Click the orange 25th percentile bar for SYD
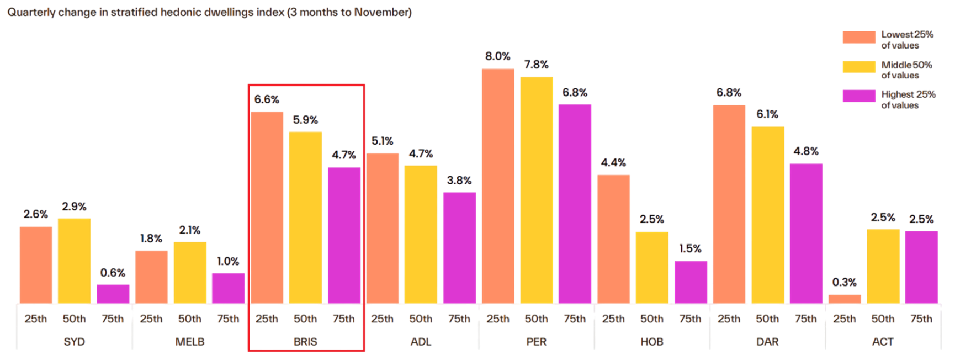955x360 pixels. (36, 264)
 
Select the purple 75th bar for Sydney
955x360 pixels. (113, 294)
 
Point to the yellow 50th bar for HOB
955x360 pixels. (652, 267)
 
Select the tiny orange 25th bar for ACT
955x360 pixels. (845, 299)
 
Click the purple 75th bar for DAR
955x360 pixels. (806, 233)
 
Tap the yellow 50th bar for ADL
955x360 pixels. (421, 234)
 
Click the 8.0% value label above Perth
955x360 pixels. (498, 56)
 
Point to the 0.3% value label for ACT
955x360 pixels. (845, 283)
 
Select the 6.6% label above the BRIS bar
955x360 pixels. (267, 99)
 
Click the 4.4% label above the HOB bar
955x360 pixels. (613, 162)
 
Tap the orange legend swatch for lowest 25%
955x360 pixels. (859, 38)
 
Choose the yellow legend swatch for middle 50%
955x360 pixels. (859, 67)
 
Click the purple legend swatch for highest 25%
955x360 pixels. (859, 96)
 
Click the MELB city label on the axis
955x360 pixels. (190, 342)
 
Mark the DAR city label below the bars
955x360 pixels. (767, 342)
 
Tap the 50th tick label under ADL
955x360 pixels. (421, 319)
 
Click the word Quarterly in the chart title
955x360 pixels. (30, 12)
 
